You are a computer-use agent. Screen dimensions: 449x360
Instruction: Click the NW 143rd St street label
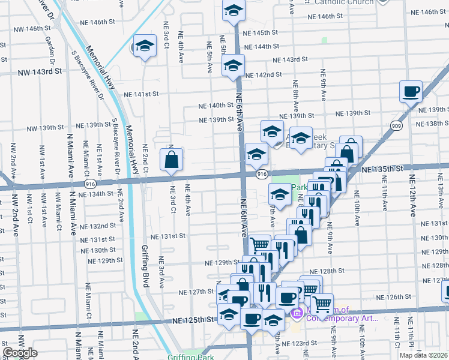tap(40, 71)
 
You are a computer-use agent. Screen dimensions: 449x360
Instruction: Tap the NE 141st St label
tap(141, 94)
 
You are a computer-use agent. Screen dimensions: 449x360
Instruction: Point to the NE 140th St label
tap(216, 106)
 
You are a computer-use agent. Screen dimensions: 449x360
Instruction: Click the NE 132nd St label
tap(99, 226)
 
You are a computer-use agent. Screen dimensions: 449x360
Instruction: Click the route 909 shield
tap(396, 126)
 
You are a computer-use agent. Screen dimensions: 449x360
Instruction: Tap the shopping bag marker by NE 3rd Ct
tap(171, 159)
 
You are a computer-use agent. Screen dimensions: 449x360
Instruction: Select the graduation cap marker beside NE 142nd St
tap(232, 66)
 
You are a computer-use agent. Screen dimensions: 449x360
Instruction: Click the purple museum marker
tap(296, 313)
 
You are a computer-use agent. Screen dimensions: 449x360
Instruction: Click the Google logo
tap(20, 353)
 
